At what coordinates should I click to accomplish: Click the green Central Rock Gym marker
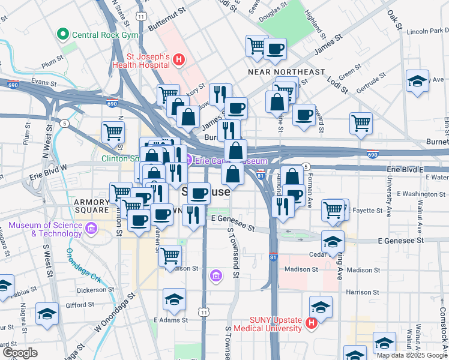coord(62,35)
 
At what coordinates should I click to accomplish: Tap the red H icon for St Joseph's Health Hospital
coord(178,59)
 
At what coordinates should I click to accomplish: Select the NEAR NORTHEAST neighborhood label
coord(286,72)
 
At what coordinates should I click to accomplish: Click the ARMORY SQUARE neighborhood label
coord(92,202)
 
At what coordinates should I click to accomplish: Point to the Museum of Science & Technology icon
coord(91,228)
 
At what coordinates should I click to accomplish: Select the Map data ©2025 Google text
coord(411,355)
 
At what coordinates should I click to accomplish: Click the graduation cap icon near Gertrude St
coord(417,81)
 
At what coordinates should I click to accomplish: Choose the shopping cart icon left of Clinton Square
coord(113,131)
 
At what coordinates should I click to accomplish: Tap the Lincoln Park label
coord(427,31)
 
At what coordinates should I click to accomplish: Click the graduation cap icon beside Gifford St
coord(47,313)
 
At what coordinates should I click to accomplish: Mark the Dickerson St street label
coord(96,290)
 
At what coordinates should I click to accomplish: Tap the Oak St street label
coord(394,19)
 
